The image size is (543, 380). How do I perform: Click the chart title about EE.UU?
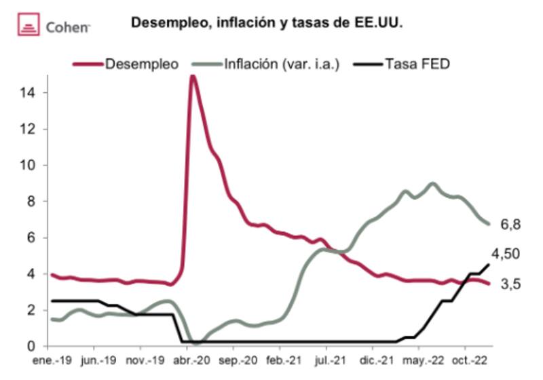[x=267, y=23]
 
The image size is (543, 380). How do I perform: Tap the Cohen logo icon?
[x=28, y=26]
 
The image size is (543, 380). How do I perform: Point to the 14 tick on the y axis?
[x=29, y=92]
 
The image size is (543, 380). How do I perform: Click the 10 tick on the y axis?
[x=29, y=165]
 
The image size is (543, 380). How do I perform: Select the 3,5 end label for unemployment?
[x=510, y=285]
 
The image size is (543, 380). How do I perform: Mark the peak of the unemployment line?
[x=193, y=76]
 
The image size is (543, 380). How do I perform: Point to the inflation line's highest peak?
[x=432, y=183]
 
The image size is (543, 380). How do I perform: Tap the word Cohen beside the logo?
[x=68, y=27]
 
